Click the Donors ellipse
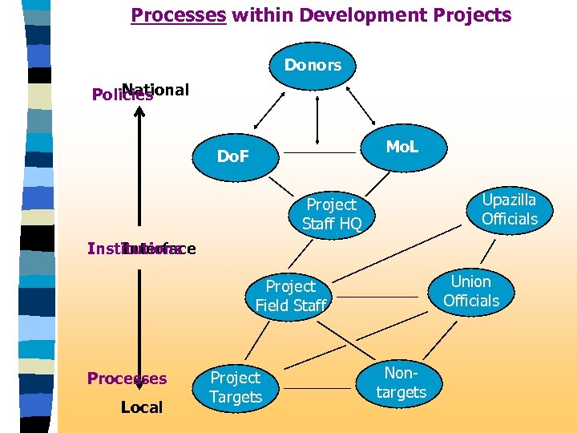click(x=313, y=64)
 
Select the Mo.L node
click(x=401, y=146)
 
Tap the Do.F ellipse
click(x=232, y=154)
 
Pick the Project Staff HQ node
click(x=332, y=214)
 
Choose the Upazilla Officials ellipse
click(x=509, y=209)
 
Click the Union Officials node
click(x=470, y=291)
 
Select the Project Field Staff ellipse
click(x=291, y=295)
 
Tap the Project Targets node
click(x=236, y=387)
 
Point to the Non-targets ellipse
click(x=401, y=382)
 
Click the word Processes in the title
click(x=179, y=14)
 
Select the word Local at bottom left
click(x=141, y=407)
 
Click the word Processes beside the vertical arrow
click(x=127, y=378)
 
